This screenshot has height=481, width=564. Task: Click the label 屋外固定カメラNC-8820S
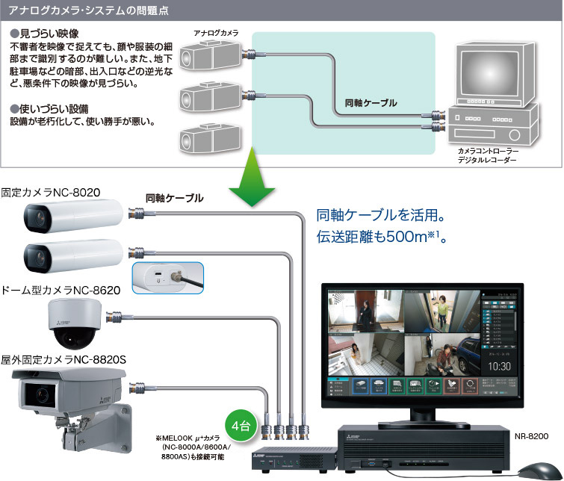(63, 359)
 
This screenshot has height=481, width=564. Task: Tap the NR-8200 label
(530, 434)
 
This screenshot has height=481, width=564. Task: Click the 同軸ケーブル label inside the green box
(371, 102)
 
